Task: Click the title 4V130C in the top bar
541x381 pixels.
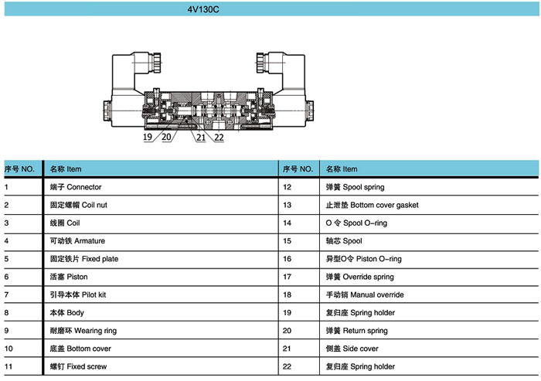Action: click(203, 9)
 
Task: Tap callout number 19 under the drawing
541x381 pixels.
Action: click(148, 137)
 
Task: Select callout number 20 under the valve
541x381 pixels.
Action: click(166, 137)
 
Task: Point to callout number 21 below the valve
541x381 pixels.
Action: click(201, 138)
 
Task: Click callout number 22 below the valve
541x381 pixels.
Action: click(219, 138)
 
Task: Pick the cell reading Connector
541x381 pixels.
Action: click(76, 187)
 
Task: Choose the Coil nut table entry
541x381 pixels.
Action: click(78, 205)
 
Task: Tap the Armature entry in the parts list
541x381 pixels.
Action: click(77, 241)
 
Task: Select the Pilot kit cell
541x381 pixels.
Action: click(78, 294)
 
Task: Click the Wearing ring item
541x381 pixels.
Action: click(83, 331)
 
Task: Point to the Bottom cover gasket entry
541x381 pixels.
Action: click(372, 205)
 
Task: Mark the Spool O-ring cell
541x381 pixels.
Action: click(356, 223)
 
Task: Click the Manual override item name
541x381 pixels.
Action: click(365, 294)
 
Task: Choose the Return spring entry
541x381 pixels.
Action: click(357, 331)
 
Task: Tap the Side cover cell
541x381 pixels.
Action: click(352, 349)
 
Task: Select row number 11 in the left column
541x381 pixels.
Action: click(9, 366)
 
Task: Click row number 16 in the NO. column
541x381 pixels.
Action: click(287, 259)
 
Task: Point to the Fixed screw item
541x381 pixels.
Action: click(78, 366)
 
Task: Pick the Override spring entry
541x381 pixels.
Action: click(359, 277)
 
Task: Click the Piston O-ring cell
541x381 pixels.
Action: click(364, 259)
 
